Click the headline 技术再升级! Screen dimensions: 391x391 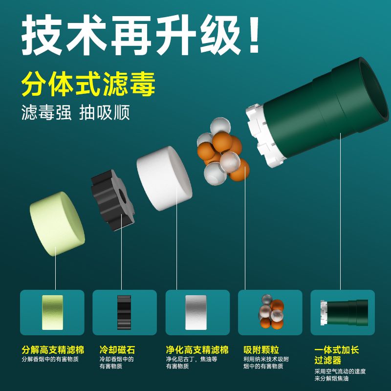(x=141, y=35)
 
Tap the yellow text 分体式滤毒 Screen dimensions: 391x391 (x=88, y=84)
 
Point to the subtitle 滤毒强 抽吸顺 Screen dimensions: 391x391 (x=76, y=112)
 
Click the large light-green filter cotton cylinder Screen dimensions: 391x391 (x=57, y=224)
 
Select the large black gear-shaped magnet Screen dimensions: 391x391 (x=113, y=200)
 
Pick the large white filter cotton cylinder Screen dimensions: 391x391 (x=164, y=178)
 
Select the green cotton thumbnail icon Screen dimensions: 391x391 (x=52, y=312)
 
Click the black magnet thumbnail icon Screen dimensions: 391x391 (x=124, y=312)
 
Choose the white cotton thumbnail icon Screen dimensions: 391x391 (x=196, y=312)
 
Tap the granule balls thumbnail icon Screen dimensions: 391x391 (x=271, y=312)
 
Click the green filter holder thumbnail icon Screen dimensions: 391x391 (x=344, y=313)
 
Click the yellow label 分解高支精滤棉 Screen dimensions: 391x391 (x=53, y=350)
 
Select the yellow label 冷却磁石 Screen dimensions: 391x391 (x=117, y=350)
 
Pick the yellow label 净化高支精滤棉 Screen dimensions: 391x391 (x=197, y=350)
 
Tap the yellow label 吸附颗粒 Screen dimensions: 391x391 (x=261, y=350)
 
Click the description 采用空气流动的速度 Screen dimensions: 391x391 (x=340, y=371)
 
